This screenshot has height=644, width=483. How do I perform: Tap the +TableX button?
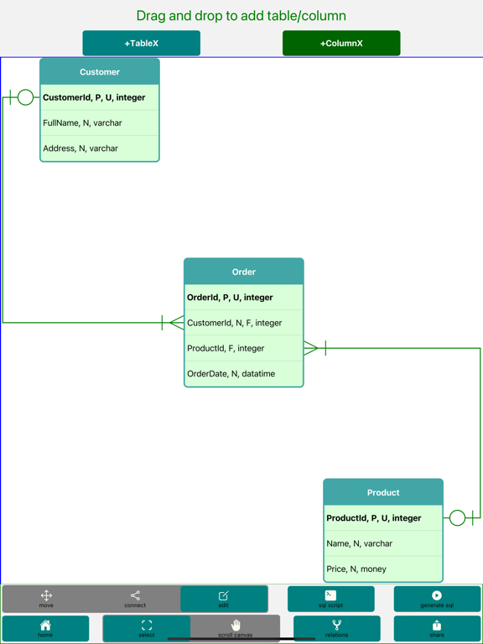(141, 43)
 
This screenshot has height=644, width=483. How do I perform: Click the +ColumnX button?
(341, 43)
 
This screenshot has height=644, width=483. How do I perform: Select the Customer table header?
(100, 72)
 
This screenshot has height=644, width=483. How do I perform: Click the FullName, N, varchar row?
(100, 123)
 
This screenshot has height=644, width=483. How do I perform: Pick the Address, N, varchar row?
(100, 148)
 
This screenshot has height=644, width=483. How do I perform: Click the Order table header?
(243, 272)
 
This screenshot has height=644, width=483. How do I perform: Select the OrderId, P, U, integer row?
(243, 298)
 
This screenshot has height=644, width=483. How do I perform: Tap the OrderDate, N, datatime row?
(243, 374)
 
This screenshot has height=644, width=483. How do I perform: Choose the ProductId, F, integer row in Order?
(243, 348)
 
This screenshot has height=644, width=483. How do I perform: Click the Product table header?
(383, 492)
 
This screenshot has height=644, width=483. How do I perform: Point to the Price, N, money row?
(383, 569)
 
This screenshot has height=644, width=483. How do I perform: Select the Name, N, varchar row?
(383, 543)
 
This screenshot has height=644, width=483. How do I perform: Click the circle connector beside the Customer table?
(26, 98)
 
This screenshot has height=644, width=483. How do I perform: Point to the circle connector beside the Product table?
(457, 518)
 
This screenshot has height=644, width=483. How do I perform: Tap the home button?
(45, 629)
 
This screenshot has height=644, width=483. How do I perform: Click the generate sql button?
(437, 599)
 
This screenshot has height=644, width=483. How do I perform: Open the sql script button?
(330, 599)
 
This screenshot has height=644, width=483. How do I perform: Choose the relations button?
(336, 629)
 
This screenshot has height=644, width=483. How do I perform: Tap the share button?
(437, 629)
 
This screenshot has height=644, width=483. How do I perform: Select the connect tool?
(135, 599)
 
